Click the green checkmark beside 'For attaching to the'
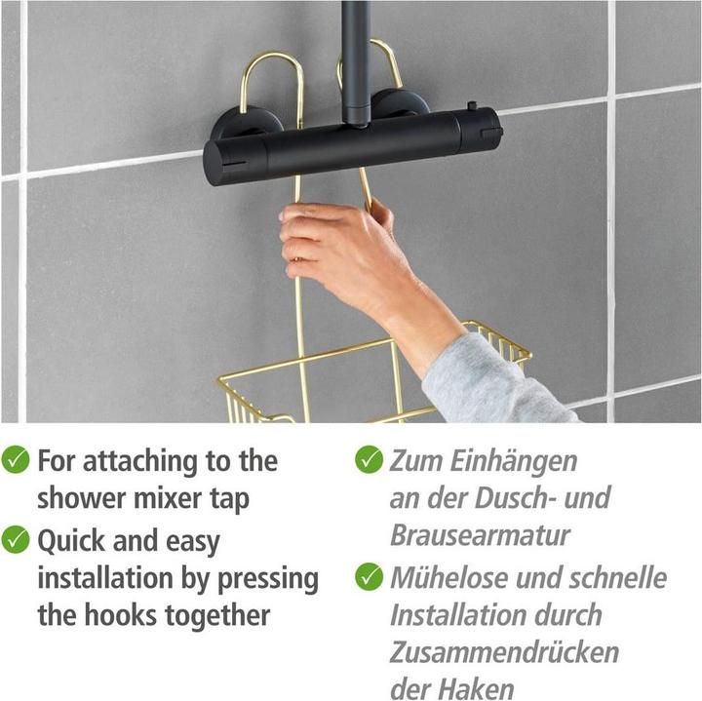(x=16, y=460)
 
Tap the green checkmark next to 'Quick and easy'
(x=16, y=539)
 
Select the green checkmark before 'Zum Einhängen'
(x=369, y=459)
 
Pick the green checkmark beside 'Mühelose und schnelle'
(x=369, y=576)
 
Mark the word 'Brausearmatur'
(x=480, y=535)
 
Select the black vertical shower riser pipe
(x=356, y=58)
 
